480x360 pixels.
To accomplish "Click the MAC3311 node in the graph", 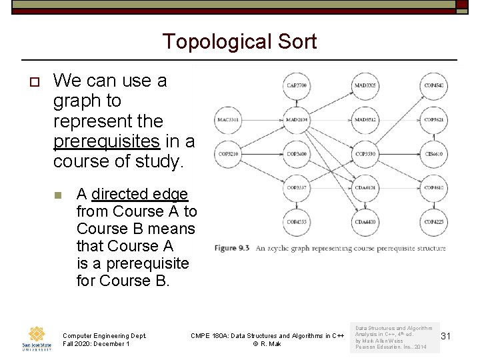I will click(228, 120).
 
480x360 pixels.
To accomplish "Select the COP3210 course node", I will click(228, 154).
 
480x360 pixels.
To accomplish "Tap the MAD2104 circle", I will click(296, 120).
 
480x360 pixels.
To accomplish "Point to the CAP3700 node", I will click(296, 86).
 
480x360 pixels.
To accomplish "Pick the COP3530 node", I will click(365, 154).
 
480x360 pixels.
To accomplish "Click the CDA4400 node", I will click(365, 221).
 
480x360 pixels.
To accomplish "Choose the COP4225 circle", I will click(433, 221).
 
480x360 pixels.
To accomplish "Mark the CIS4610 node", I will click(433, 154).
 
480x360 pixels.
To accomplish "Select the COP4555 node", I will click(296, 221).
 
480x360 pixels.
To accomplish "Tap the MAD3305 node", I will click(365, 86).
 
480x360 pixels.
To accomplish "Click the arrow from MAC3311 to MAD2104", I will click(262, 120).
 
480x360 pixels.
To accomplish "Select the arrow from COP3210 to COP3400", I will click(262, 154).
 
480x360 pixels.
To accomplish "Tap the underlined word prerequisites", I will click(105, 141).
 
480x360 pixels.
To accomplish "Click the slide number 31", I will click(446, 337).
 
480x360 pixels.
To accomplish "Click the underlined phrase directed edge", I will click(139, 194).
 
